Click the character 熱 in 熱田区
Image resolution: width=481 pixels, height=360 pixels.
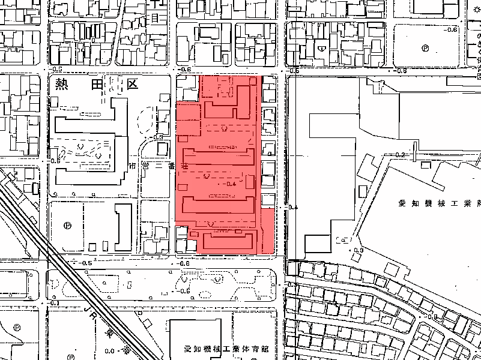click(x=62, y=84)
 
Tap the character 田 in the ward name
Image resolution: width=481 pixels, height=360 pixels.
click(x=96, y=84)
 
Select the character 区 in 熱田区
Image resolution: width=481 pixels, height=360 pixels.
click(x=131, y=84)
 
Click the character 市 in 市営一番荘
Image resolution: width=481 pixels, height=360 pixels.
click(x=132, y=165)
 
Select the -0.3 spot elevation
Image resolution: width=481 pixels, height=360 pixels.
click(x=158, y=137)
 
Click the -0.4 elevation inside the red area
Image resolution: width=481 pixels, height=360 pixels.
click(x=228, y=184)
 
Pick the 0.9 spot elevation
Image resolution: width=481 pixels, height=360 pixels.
click(x=359, y=250)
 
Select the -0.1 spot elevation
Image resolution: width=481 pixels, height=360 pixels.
click(x=55, y=303)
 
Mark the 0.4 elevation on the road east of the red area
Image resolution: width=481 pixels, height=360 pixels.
click(x=293, y=207)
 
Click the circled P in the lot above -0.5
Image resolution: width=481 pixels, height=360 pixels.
click(x=67, y=226)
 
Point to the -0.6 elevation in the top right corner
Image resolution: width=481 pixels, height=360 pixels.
click(x=451, y=29)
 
